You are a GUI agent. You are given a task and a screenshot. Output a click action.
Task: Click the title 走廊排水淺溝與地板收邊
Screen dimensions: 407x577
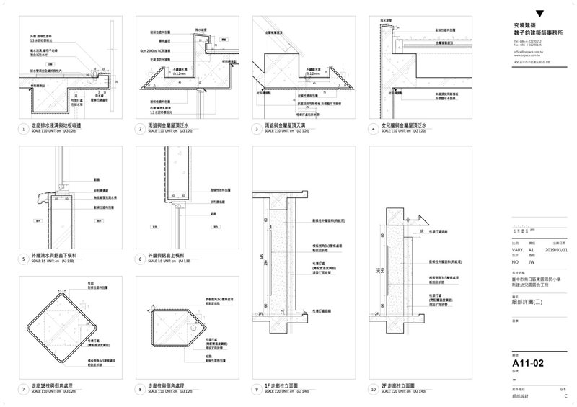coord(61,125)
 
